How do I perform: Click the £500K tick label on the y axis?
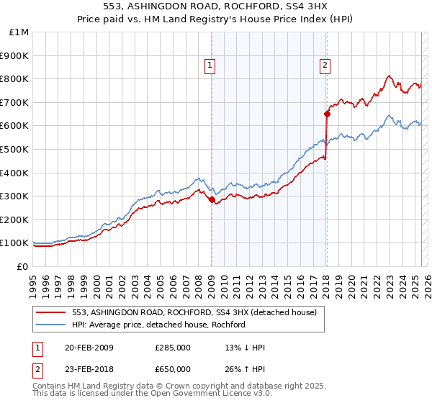click(x=14, y=149)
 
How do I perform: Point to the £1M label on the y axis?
click(x=19, y=32)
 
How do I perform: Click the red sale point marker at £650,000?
click(x=327, y=114)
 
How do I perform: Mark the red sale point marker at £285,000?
click(x=212, y=200)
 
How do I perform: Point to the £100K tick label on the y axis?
click(x=14, y=243)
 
